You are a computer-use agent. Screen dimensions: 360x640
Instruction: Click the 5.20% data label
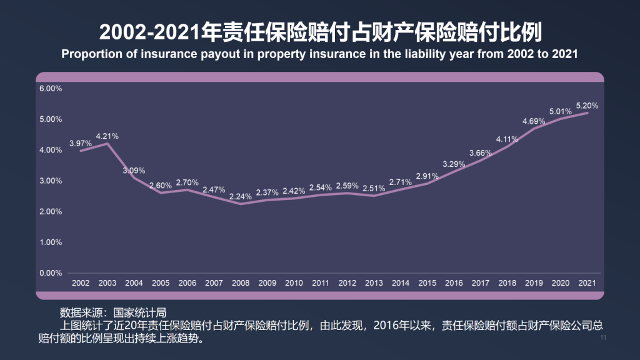[587, 106]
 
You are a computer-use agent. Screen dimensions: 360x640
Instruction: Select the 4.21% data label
[107, 136]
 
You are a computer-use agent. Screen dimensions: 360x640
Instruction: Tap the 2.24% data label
[241, 196]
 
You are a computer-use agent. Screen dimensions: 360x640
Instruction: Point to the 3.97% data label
[81, 143]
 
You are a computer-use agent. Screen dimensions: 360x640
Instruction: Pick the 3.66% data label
[481, 152]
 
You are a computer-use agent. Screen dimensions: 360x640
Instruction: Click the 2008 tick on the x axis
[241, 283]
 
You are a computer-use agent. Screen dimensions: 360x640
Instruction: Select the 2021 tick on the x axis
[587, 283]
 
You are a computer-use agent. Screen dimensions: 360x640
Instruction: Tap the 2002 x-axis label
[81, 283]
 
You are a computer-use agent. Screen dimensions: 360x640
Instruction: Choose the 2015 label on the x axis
[427, 283]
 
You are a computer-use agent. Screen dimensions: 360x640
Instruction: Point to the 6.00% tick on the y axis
[51, 89]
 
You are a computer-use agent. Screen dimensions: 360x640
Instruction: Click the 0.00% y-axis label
[51, 273]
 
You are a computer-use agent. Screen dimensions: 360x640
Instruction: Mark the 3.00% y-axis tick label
[51, 181]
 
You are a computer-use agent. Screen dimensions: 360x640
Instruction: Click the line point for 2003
[107, 144]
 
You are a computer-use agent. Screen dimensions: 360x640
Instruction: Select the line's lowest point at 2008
[241, 204]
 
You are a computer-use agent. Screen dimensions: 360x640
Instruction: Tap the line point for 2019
[534, 129]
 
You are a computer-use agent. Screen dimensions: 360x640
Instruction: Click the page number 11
[603, 338]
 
